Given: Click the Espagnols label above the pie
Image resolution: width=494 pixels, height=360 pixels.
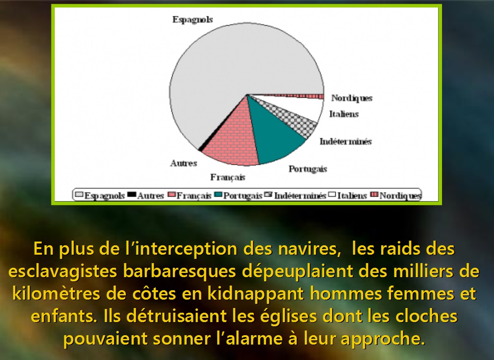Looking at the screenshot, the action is pyautogui.click(x=192, y=20).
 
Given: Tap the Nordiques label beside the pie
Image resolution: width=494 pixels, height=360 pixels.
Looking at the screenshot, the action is pyautogui.click(x=352, y=98).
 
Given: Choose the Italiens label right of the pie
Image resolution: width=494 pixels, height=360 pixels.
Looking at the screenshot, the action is pyautogui.click(x=344, y=114).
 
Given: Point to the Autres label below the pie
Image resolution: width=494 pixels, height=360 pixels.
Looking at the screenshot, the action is pyautogui.click(x=184, y=163).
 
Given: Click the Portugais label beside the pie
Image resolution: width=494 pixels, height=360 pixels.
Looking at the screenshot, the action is pyautogui.click(x=308, y=169).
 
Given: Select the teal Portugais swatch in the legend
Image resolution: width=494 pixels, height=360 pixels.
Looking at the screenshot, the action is pyautogui.click(x=218, y=195).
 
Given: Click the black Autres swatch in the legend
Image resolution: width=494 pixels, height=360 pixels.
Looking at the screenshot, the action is pyautogui.click(x=132, y=195).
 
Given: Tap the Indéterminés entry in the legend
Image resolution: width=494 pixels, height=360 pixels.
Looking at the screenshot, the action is pyautogui.click(x=295, y=196).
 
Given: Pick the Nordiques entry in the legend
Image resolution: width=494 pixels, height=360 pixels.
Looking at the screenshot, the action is pyautogui.click(x=396, y=196).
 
